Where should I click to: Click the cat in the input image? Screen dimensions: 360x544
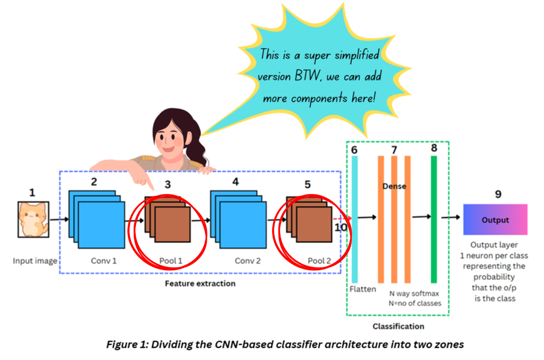pyautogui.click(x=33, y=219)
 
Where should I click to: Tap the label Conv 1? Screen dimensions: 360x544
pyautogui.click(x=104, y=261)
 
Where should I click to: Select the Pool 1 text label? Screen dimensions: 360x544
pyautogui.click(x=171, y=261)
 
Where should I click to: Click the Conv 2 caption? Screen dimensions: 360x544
pyautogui.click(x=248, y=261)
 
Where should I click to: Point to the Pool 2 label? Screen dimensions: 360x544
pyautogui.click(x=319, y=261)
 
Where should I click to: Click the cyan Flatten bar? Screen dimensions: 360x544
pyautogui.click(x=355, y=219)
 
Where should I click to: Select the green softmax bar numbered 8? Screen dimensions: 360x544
pyautogui.click(x=434, y=219)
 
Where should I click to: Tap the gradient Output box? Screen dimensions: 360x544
pyautogui.click(x=495, y=220)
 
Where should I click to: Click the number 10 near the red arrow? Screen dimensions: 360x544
pyautogui.click(x=342, y=227)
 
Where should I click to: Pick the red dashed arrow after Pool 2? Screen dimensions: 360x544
pyautogui.click(x=342, y=218)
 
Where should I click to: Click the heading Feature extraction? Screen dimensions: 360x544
pyautogui.click(x=200, y=284)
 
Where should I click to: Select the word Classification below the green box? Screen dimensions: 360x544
pyautogui.click(x=398, y=326)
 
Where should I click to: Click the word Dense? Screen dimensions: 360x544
pyautogui.click(x=394, y=186)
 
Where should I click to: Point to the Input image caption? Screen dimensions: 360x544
pyautogui.click(x=35, y=261)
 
